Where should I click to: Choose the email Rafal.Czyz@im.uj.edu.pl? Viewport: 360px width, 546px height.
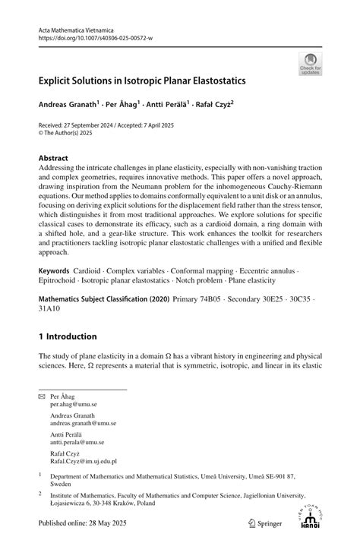coord(84,460)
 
